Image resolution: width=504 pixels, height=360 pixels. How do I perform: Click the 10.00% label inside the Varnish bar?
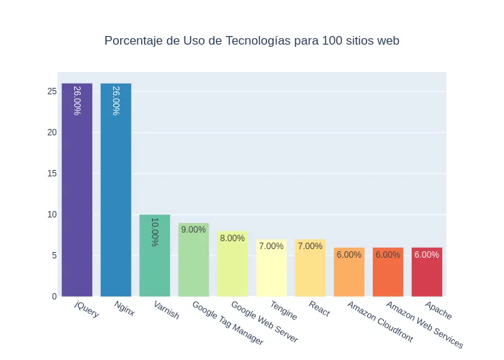tap(155, 232)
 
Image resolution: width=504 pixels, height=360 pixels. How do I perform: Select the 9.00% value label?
tap(194, 230)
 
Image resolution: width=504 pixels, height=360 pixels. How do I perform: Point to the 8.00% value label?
tap(233, 238)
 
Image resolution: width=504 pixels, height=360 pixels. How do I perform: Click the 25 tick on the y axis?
tap(52, 91)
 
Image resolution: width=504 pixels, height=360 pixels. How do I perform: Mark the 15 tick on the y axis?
tap(52, 174)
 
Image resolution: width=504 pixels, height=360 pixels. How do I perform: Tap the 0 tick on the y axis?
tap(54, 297)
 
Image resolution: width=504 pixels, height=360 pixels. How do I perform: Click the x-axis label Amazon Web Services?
tap(425, 325)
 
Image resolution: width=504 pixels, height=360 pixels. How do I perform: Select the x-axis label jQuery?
tap(87, 310)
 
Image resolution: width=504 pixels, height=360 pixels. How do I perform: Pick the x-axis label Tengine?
tap(284, 311)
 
